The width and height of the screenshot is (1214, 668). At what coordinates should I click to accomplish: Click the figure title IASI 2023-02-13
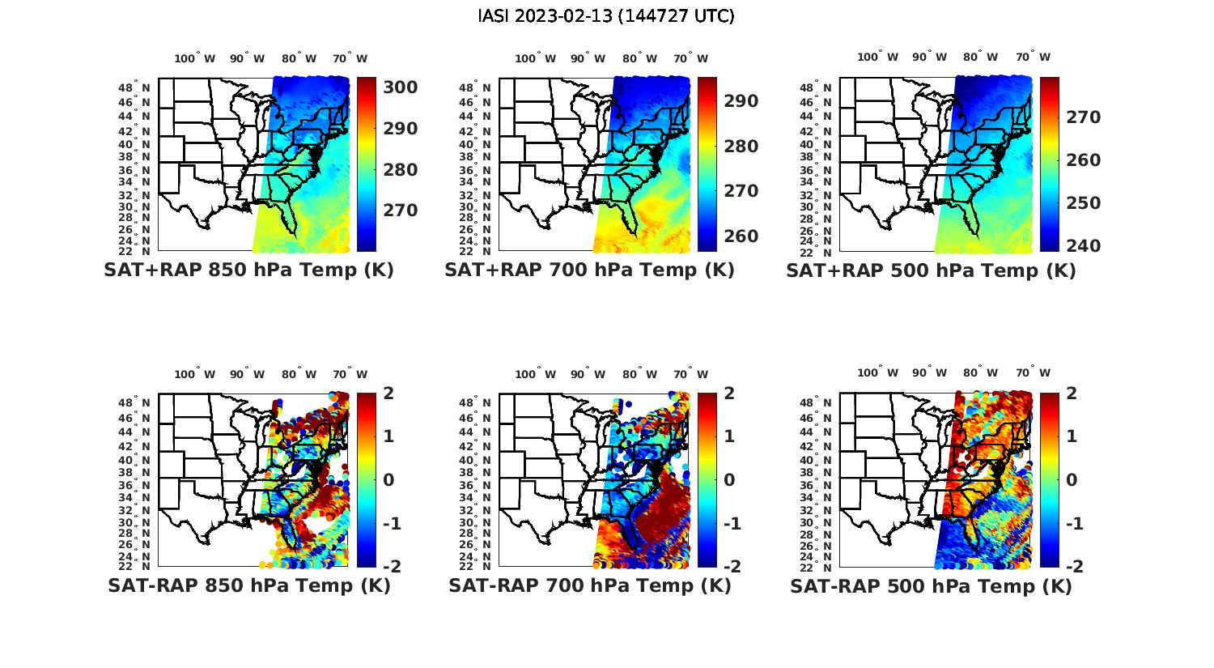(606, 16)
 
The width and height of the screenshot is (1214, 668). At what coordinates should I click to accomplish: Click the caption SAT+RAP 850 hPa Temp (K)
(248, 270)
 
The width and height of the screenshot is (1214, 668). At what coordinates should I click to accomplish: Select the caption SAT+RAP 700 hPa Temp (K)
(589, 270)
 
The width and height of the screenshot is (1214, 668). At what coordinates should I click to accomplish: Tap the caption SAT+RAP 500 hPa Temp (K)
(931, 270)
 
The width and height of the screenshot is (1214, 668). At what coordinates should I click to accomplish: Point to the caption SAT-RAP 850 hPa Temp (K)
(248, 585)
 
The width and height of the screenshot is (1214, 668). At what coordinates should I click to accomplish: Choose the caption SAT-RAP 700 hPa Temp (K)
(589, 585)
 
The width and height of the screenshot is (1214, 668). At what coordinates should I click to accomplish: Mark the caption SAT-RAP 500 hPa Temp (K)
(931, 585)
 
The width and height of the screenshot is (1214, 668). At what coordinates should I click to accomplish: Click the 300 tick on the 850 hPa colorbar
(401, 87)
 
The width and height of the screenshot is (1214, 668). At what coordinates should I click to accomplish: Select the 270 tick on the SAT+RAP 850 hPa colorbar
(401, 211)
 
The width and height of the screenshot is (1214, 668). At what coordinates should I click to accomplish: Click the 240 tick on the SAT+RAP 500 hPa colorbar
(1083, 245)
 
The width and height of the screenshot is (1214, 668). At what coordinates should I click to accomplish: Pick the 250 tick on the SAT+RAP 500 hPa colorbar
(1083, 203)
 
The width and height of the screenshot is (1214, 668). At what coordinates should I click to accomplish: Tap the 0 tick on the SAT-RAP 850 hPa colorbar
(388, 479)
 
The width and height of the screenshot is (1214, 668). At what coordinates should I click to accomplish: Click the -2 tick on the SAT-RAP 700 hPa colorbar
(724, 566)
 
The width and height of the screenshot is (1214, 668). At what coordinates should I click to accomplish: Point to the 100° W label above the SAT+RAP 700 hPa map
(535, 58)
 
